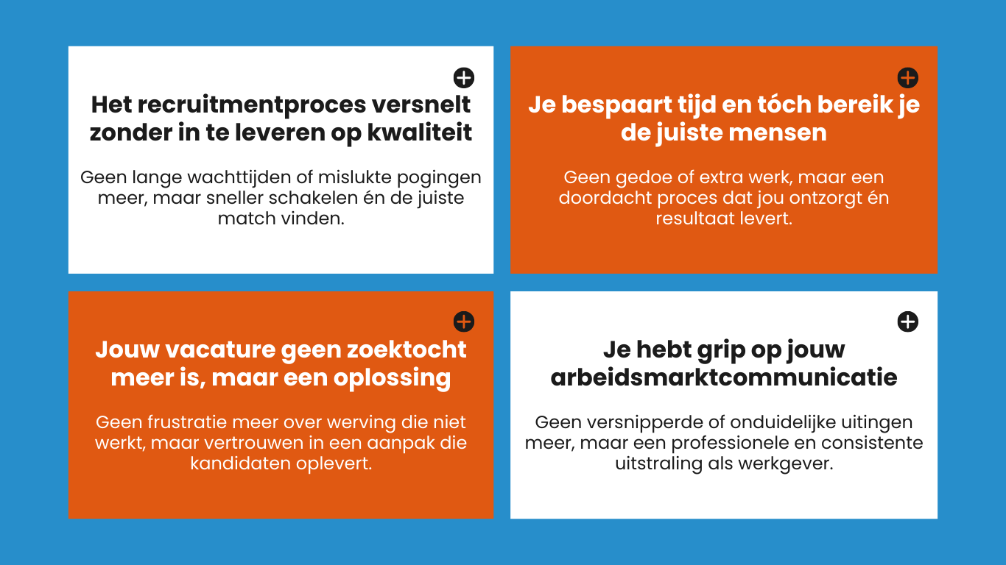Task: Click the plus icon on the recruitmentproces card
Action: click(x=464, y=78)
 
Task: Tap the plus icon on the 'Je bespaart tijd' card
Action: click(x=907, y=78)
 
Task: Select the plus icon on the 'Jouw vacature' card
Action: click(x=464, y=321)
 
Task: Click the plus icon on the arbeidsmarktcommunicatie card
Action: click(x=907, y=321)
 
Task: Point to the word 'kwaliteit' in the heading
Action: click(x=420, y=132)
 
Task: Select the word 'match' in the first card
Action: click(x=247, y=218)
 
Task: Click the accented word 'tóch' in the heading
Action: click(x=784, y=104)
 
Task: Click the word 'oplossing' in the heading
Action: click(x=392, y=379)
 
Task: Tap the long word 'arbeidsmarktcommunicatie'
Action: click(x=724, y=377)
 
